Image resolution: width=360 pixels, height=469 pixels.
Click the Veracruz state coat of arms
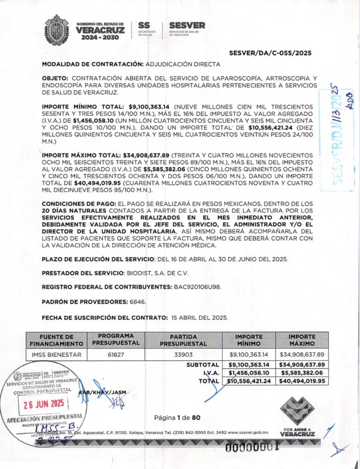pyautogui.click(x=56, y=30)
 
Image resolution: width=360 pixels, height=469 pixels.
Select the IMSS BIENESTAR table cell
pyautogui.click(x=55, y=354)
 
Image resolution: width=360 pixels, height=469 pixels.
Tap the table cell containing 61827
pyautogui.click(x=115, y=354)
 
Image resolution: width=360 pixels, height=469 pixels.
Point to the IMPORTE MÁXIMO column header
pyautogui.click(x=302, y=340)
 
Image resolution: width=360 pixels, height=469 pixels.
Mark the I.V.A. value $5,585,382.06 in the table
pyautogui.click(x=302, y=373)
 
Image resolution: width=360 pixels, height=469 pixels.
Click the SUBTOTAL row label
pyautogui.click(x=202, y=365)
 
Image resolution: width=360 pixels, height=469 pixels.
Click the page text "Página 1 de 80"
pyautogui.click(x=177, y=417)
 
